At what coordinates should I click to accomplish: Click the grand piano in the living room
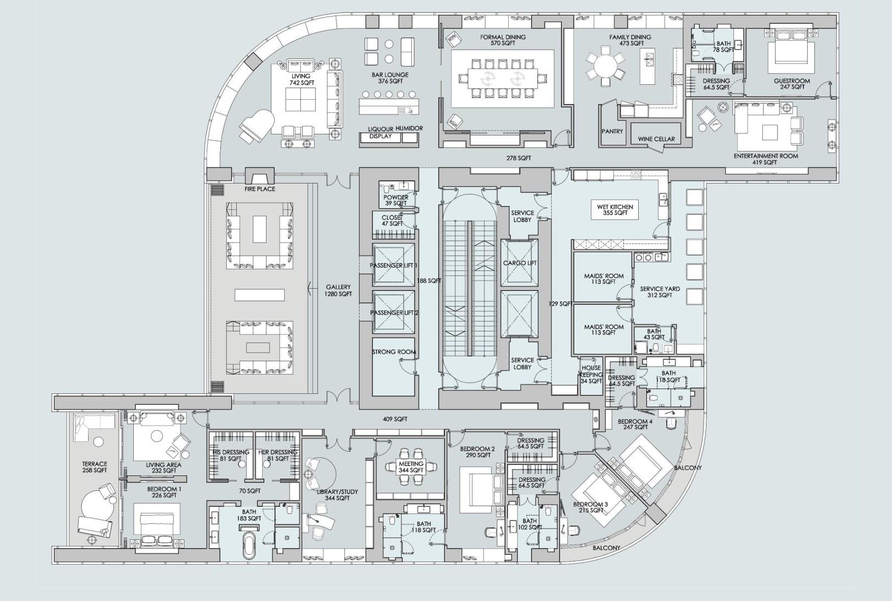point(257,125)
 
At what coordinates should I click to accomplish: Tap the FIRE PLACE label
point(260,189)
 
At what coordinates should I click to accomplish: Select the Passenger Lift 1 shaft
point(394,265)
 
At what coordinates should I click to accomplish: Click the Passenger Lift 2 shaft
point(394,312)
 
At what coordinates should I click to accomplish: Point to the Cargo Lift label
point(519,263)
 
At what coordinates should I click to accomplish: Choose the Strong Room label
point(394,352)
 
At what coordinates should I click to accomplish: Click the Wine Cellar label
point(656,139)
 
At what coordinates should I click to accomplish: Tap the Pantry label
point(612,131)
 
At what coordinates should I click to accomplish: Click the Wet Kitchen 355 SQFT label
point(615,210)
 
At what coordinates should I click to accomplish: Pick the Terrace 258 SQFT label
point(94,467)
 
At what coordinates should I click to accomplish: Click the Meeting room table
point(411,468)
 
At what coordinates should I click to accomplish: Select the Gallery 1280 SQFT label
point(338,290)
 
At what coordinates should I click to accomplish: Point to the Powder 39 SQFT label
point(396,200)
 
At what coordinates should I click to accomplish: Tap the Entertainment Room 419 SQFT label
point(765,159)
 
